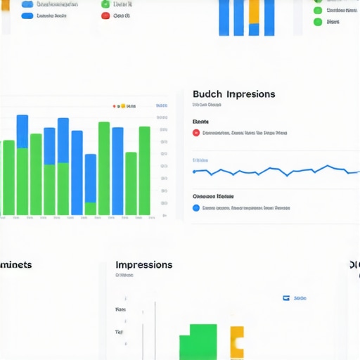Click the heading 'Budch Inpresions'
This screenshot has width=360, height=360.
(233, 94)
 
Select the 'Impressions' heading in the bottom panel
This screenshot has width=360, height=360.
(143, 265)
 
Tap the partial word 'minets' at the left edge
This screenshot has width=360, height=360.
(15, 265)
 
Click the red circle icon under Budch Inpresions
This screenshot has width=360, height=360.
(196, 132)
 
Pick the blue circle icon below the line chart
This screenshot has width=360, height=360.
(196, 208)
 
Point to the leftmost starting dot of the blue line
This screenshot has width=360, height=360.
(195, 171)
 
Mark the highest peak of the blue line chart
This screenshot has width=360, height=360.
(327, 166)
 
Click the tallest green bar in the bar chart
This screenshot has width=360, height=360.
(103, 169)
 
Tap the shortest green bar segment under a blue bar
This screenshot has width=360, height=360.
(90, 209)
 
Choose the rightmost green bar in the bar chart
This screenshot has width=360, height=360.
(144, 171)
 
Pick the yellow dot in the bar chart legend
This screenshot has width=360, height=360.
(122, 106)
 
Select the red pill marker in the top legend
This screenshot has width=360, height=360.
(105, 15)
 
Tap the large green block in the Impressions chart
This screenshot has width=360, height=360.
(198, 343)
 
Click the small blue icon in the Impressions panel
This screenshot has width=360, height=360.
(286, 298)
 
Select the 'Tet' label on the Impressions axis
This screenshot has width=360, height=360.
(120, 332)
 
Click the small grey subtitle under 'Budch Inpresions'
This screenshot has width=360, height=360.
(207, 105)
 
